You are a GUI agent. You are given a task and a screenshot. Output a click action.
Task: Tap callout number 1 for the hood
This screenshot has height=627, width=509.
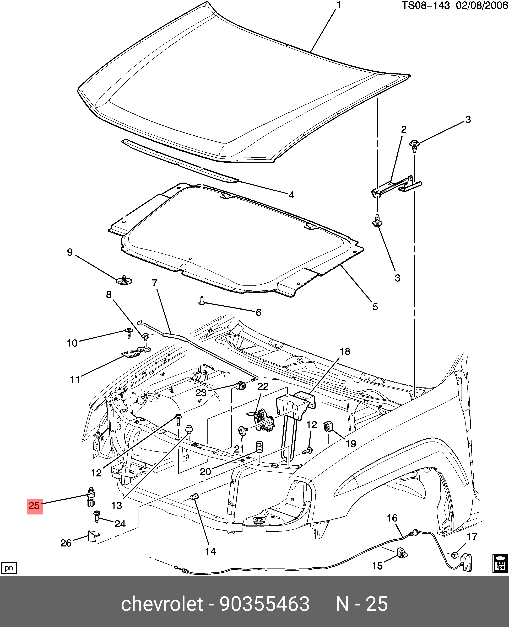339,5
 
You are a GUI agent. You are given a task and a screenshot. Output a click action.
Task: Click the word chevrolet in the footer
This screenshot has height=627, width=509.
162,604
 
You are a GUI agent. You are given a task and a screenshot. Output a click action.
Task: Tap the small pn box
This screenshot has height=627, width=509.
9,568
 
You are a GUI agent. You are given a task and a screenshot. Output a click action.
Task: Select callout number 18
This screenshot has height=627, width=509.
345,352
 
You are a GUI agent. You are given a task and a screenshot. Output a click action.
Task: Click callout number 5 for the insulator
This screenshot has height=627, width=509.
375,307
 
